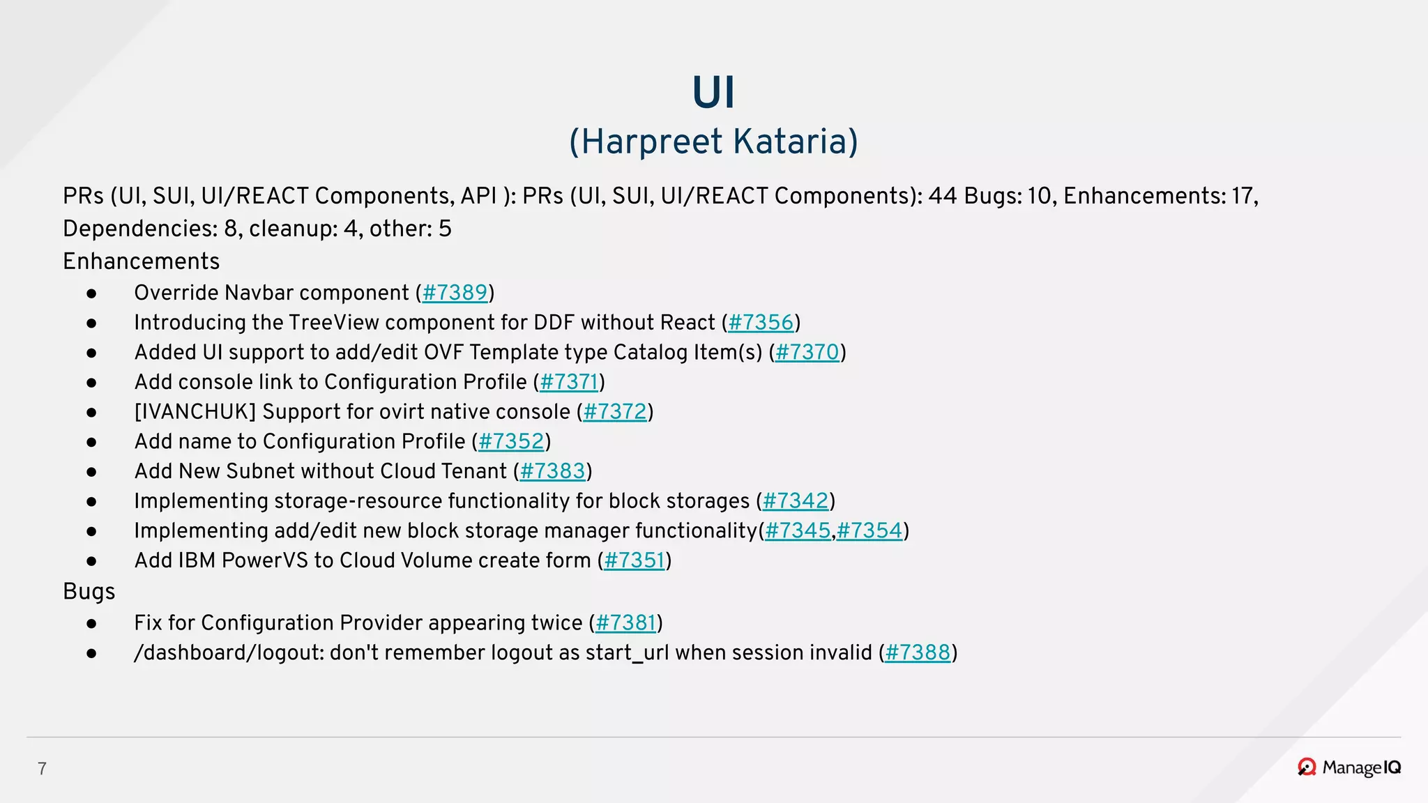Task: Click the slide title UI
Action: coord(713,93)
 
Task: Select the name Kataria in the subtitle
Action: coord(789,142)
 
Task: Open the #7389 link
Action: coord(455,293)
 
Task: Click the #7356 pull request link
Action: coord(761,323)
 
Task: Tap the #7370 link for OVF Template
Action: coord(807,353)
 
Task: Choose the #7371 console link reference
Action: coord(569,382)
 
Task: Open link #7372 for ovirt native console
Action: coord(615,412)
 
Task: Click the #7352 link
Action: coord(511,442)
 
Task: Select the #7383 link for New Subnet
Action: coord(552,471)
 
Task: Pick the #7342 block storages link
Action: coord(795,501)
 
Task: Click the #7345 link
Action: coord(798,531)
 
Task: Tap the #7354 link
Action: coord(869,531)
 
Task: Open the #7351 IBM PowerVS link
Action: coord(635,560)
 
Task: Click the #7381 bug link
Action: coord(625,623)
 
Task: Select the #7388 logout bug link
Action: coord(918,653)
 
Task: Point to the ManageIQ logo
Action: coord(1349,767)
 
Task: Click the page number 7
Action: coord(42,769)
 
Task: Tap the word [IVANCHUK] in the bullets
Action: coord(195,412)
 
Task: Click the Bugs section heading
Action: coord(89,592)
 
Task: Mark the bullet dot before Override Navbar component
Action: coord(91,293)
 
